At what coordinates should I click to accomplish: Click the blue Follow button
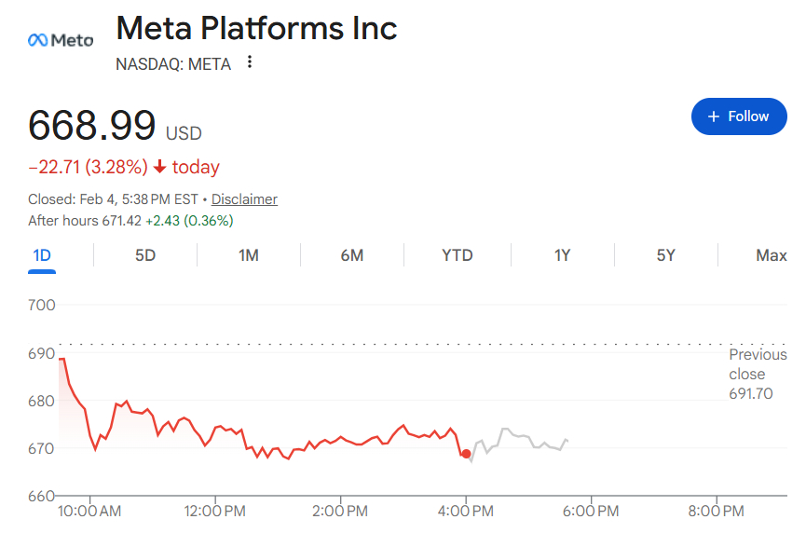click(x=738, y=116)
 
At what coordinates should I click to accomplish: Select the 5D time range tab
click(x=145, y=255)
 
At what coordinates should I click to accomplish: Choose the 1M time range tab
click(x=249, y=255)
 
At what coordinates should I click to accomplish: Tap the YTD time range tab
click(x=457, y=255)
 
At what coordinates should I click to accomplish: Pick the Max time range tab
click(x=771, y=255)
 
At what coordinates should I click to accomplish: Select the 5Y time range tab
click(x=665, y=255)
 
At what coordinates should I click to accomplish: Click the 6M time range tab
click(x=352, y=255)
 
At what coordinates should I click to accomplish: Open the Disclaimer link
click(x=244, y=199)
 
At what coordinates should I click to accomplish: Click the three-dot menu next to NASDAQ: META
click(x=249, y=63)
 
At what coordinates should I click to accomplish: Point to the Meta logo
click(x=61, y=40)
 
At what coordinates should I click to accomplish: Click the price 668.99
click(x=91, y=126)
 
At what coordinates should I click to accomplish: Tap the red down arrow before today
click(x=160, y=168)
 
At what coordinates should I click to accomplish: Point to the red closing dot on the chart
click(x=466, y=454)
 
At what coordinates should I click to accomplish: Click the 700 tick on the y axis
click(x=43, y=305)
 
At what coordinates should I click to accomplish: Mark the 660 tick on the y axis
click(x=43, y=496)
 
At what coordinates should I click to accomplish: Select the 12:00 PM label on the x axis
click(x=215, y=512)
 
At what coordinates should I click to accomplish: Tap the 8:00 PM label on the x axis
click(x=716, y=512)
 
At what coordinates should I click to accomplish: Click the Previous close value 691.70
click(x=750, y=394)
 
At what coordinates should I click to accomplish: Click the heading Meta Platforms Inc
click(x=256, y=28)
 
